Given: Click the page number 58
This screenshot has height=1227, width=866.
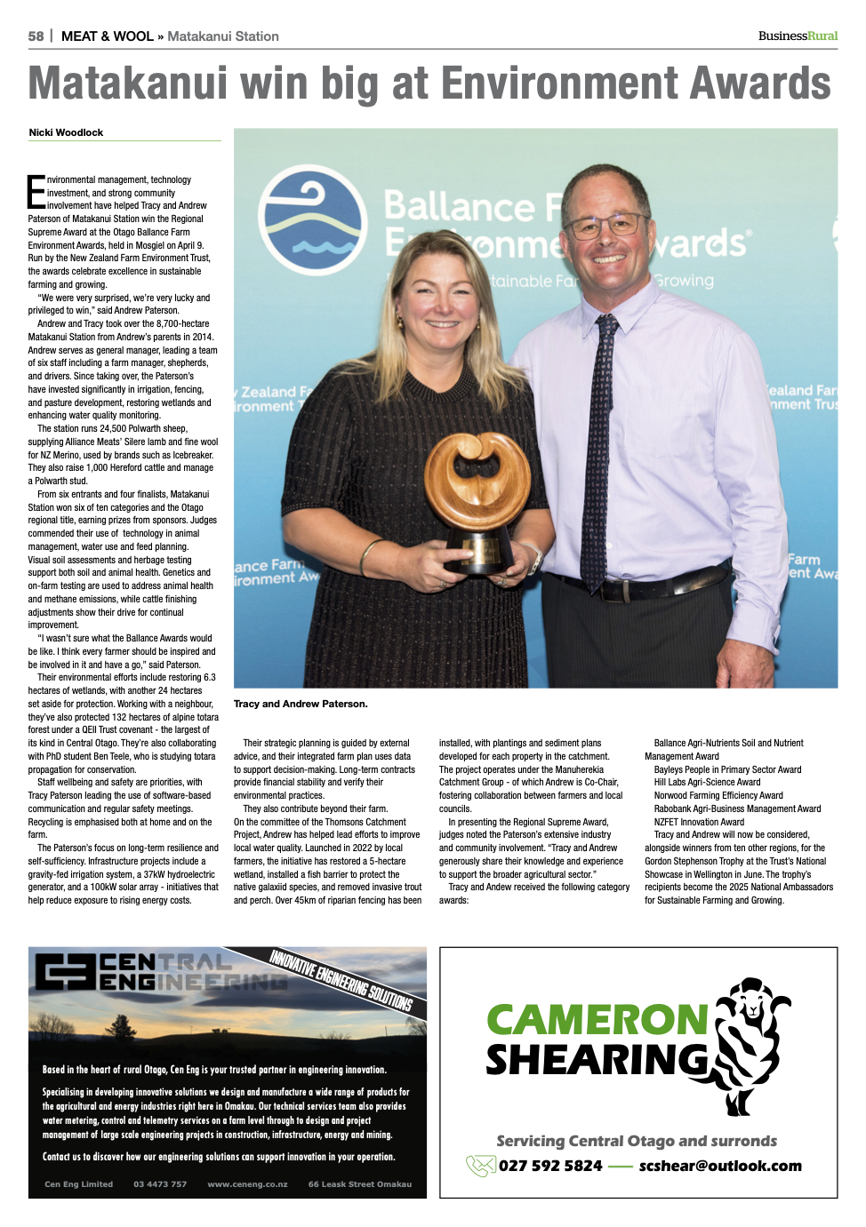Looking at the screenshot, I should pyautogui.click(x=36, y=36).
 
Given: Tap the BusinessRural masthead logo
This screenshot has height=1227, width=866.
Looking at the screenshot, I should pyautogui.click(x=798, y=36).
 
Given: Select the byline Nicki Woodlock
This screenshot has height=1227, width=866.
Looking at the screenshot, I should pyautogui.click(x=66, y=132).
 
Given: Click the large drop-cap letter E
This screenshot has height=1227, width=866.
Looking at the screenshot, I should pyautogui.click(x=36, y=192).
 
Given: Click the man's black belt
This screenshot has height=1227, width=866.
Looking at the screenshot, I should pyautogui.click(x=640, y=583).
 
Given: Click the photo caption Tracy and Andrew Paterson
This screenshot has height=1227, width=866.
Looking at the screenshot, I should pyautogui.click(x=301, y=704).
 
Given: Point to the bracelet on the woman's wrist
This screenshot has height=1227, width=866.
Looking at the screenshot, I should pyautogui.click(x=366, y=556).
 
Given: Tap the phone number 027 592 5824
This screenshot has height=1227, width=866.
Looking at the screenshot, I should pyautogui.click(x=550, y=1166).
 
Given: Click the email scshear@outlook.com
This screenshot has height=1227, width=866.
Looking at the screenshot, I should pyautogui.click(x=720, y=1166).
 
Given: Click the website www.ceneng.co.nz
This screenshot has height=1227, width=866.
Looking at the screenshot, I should pyautogui.click(x=247, y=1184).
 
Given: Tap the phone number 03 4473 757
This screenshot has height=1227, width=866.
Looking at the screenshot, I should pyautogui.click(x=160, y=1184).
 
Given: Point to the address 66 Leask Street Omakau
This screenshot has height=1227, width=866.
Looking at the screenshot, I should pyautogui.click(x=360, y=1184).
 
